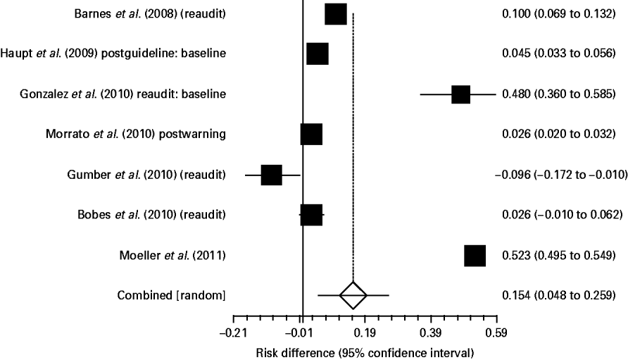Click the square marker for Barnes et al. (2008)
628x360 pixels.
click(336, 13)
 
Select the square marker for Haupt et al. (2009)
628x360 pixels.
click(318, 54)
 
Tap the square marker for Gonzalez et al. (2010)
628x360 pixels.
click(460, 94)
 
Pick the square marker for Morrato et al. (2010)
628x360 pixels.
click(311, 135)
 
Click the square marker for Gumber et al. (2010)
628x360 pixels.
click(271, 175)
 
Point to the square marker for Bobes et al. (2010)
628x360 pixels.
click(311, 216)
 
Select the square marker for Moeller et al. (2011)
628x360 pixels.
click(475, 256)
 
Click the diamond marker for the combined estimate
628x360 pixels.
click(353, 295)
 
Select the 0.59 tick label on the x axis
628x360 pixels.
click(496, 332)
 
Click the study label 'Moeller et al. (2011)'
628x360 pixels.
click(170, 256)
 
